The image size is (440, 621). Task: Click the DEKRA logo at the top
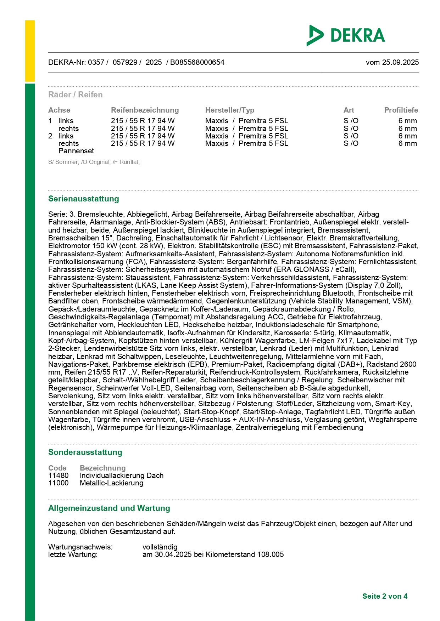tap(346, 35)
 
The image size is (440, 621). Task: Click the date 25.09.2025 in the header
tap(400, 62)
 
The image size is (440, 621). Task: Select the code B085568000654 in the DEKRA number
tap(197, 62)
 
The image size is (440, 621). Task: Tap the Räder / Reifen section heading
tap(75, 95)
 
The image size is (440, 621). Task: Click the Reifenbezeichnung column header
tap(145, 110)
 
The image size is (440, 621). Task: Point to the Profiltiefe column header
tap(401, 110)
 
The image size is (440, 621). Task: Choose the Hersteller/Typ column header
tap(230, 110)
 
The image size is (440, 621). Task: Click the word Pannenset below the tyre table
tap(76, 151)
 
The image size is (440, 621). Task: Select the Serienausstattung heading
tap(83, 199)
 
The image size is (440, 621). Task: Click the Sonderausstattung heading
tap(85, 452)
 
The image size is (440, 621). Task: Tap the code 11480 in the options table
tap(59, 475)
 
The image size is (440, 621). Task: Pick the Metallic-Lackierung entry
tap(111, 483)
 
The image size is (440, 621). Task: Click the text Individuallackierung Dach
tap(122, 475)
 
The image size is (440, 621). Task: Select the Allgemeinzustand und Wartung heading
tap(109, 508)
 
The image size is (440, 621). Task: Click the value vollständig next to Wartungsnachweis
tap(160, 547)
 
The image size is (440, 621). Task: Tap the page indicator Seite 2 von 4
tap(385, 596)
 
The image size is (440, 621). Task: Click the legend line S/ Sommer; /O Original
tap(94, 162)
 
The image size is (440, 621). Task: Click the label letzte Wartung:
tap(73, 554)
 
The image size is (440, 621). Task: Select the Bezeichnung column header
tap(102, 468)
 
